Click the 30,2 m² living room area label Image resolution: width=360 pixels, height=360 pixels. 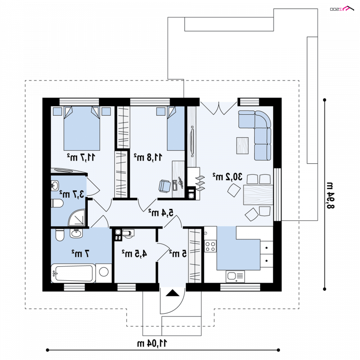(x=227, y=177)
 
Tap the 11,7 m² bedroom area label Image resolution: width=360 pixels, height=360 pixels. (x=81, y=157)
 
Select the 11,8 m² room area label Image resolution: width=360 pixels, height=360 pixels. (x=148, y=157)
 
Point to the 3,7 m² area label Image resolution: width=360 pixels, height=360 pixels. (x=72, y=194)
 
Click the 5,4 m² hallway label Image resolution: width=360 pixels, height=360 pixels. (x=161, y=213)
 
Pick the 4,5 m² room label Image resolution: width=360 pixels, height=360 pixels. (x=134, y=254)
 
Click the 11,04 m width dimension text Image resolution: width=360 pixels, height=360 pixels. (x=152, y=343)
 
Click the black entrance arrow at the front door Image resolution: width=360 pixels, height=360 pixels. (x=172, y=293)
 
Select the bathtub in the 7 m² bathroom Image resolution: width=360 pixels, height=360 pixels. (x=73, y=273)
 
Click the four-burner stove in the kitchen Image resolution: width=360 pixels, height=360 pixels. (x=210, y=246)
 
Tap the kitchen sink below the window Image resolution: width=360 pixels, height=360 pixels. (x=235, y=276)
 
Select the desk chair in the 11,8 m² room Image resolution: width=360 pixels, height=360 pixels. (x=165, y=186)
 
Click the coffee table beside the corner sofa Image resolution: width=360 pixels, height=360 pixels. (x=242, y=145)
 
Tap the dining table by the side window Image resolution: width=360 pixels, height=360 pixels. (x=258, y=195)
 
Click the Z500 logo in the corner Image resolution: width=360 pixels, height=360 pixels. (x=342, y=9)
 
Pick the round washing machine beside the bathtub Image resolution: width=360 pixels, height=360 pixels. (x=104, y=272)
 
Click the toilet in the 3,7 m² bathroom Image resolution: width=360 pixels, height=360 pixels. (x=57, y=203)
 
